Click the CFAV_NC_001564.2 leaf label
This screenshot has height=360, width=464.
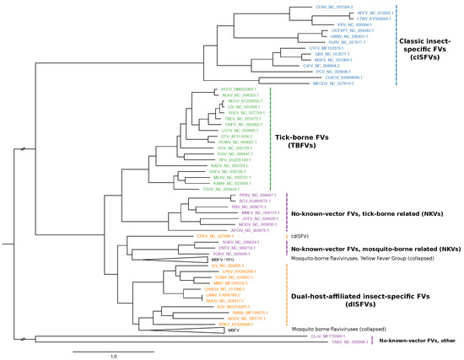(x=316, y=7)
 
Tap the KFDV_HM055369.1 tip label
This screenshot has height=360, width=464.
(x=238, y=89)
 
